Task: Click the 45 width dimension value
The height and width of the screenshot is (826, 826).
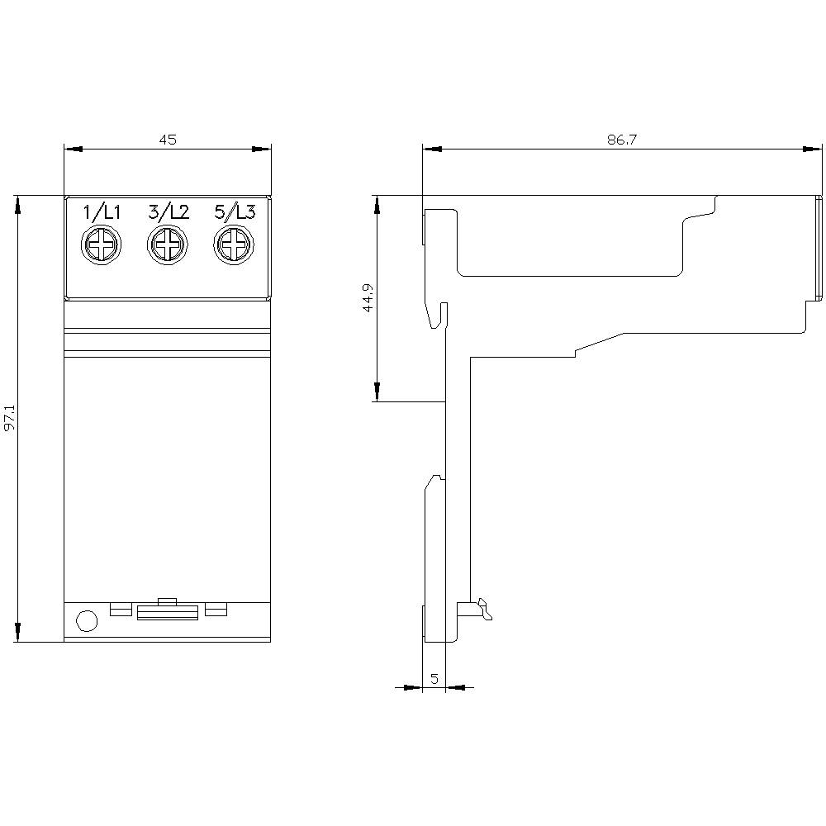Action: pyautogui.click(x=168, y=140)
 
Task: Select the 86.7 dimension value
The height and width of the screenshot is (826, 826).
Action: pyautogui.click(x=621, y=140)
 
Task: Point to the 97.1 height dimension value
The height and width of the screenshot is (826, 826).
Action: pyautogui.click(x=9, y=419)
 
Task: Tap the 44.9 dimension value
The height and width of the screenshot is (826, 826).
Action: pyautogui.click(x=368, y=297)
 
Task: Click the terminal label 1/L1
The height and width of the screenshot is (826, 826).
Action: pyautogui.click(x=102, y=212)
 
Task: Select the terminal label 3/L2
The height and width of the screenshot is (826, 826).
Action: pyautogui.click(x=169, y=212)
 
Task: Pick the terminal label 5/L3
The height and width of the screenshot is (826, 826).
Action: pyautogui.click(x=235, y=212)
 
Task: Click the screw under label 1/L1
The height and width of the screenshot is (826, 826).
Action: pyautogui.click(x=102, y=245)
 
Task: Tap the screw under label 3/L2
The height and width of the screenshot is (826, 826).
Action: pyautogui.click(x=168, y=245)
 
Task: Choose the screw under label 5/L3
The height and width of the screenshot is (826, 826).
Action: pyautogui.click(x=234, y=245)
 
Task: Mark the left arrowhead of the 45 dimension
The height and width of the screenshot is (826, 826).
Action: pyautogui.click(x=74, y=150)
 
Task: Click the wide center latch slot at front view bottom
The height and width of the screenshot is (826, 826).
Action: pyautogui.click(x=168, y=611)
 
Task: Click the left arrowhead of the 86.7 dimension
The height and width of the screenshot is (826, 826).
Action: pyautogui.click(x=432, y=150)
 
